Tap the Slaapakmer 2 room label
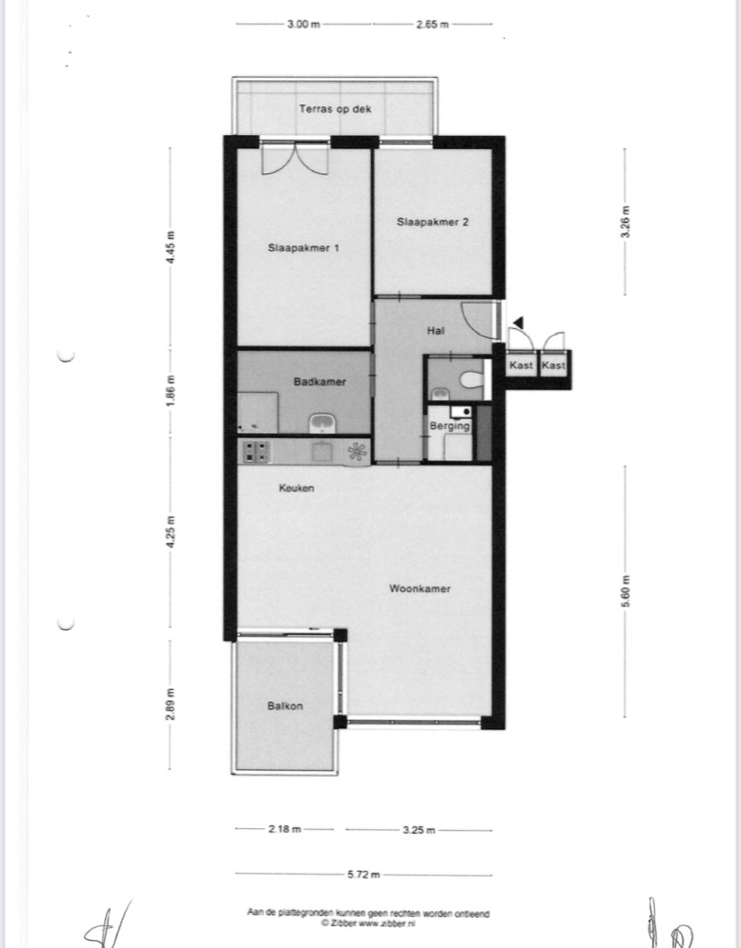pyautogui.click(x=432, y=222)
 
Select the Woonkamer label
pyautogui.click(x=420, y=589)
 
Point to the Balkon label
pyautogui.click(x=285, y=706)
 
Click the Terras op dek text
pyautogui.click(x=335, y=109)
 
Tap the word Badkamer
pyautogui.click(x=320, y=382)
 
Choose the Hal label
pyautogui.click(x=436, y=331)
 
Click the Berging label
pyautogui.click(x=450, y=426)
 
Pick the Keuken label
pyautogui.click(x=296, y=488)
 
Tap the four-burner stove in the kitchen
pyautogui.click(x=257, y=451)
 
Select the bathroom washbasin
pyautogui.click(x=321, y=423)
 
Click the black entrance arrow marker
pyautogui.click(x=518, y=322)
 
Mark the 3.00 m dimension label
pyautogui.click(x=303, y=24)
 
